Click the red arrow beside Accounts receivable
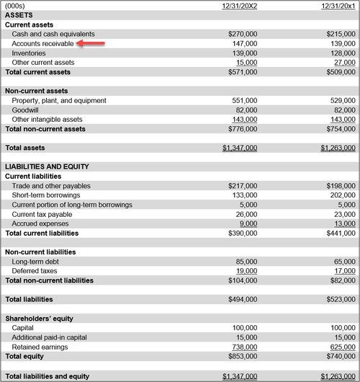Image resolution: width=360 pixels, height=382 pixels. pyautogui.click(x=91, y=43)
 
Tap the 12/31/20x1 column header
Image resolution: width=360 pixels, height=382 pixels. pyautogui.click(x=338, y=5)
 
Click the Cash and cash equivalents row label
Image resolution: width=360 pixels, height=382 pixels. pyautogui.click(x=53, y=34)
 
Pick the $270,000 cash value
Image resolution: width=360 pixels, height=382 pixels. pyautogui.click(x=242, y=34)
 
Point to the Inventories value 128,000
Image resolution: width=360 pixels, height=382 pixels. pyautogui.click(x=341, y=53)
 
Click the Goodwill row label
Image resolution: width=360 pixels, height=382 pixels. pyautogui.click(x=25, y=110)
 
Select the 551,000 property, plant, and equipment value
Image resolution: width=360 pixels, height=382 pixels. pyautogui.click(x=244, y=101)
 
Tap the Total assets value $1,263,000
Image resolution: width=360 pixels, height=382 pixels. pyautogui.click(x=338, y=148)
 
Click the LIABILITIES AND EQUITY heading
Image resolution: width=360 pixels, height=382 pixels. pyautogui.click(x=47, y=166)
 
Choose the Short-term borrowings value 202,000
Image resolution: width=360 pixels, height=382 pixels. pyautogui.click(x=341, y=195)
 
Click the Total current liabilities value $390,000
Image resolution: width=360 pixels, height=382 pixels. pyautogui.click(x=242, y=233)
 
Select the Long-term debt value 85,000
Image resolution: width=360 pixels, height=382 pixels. pyautogui.click(x=246, y=262)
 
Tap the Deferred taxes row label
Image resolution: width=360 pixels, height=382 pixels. pyautogui.click(x=35, y=271)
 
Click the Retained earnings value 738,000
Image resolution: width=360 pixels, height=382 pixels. pyautogui.click(x=244, y=347)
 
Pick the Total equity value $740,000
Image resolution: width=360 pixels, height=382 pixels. pyautogui.click(x=338, y=356)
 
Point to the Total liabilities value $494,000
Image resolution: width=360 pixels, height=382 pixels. pyautogui.click(x=242, y=299)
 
